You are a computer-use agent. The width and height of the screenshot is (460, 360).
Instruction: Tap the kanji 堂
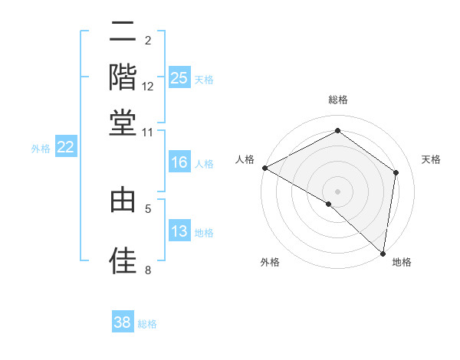click(x=123, y=123)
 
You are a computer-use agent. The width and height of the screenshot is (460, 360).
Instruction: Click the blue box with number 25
click(x=179, y=78)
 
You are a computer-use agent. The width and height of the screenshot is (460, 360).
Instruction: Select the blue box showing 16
click(x=179, y=162)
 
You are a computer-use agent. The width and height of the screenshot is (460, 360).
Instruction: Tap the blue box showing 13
click(x=179, y=231)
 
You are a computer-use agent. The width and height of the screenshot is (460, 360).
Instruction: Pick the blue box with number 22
click(x=65, y=147)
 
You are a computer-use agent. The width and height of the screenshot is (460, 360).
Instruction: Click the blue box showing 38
click(x=123, y=322)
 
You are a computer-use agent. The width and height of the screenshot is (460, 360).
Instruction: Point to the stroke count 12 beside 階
click(x=148, y=87)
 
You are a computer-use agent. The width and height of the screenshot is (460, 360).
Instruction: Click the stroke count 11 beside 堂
click(x=148, y=132)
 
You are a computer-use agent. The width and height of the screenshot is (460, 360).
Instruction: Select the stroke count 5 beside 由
click(x=148, y=207)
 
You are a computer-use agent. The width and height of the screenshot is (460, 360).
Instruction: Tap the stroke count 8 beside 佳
click(x=148, y=270)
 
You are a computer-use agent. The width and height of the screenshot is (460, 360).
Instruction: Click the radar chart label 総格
click(x=338, y=100)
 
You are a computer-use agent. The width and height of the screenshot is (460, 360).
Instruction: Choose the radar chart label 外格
click(x=270, y=262)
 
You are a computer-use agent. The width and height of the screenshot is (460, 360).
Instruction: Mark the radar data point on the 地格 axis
click(x=382, y=253)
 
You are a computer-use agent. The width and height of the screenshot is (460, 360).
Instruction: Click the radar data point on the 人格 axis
click(x=264, y=168)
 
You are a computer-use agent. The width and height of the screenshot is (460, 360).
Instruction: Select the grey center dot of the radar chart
click(x=338, y=191)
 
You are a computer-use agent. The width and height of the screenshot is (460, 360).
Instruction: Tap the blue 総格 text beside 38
click(x=147, y=324)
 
